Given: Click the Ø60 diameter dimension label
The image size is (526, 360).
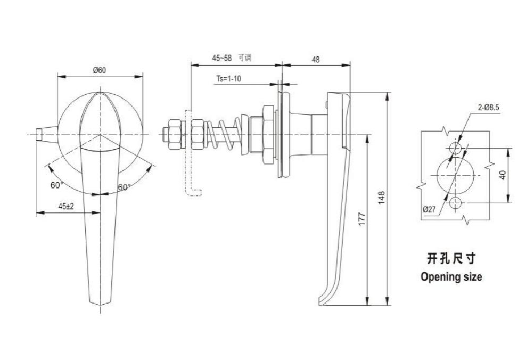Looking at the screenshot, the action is click(x=100, y=70).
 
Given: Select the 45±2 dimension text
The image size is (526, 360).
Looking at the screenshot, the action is click(x=66, y=207).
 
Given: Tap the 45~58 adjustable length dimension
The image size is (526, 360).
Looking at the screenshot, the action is click(x=221, y=58).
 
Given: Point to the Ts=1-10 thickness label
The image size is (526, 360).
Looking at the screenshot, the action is click(x=228, y=79).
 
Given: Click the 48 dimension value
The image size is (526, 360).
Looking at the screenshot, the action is click(x=316, y=60).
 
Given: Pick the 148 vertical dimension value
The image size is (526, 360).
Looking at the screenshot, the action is click(x=381, y=198).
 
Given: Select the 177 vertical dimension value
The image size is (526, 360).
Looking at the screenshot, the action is click(x=362, y=219).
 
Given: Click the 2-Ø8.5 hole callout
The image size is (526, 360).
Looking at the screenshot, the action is click(x=489, y=108).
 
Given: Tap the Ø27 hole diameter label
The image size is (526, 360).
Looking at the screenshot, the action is click(x=429, y=210).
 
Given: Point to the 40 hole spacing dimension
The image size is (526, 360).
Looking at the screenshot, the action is click(x=503, y=175).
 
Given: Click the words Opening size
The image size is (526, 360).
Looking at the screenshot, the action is click(x=451, y=277).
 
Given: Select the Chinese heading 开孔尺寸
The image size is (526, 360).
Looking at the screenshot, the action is click(x=451, y=259).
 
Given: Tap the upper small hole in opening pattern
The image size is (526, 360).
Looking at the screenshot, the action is click(x=455, y=148).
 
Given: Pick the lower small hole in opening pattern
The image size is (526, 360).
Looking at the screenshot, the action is click(x=455, y=203).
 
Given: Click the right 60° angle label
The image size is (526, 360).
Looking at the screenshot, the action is click(x=124, y=187).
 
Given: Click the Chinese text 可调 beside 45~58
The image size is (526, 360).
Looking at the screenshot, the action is click(x=244, y=58).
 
